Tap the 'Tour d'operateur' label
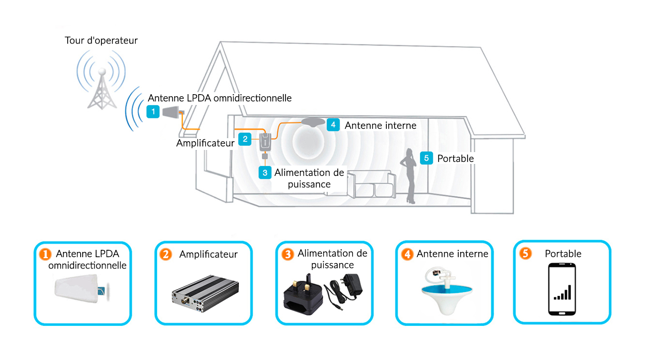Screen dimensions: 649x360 tap(101, 40)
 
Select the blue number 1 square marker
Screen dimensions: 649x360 tap(153, 112)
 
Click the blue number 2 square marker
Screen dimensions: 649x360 tap(245, 139)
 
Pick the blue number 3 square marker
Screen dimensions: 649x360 tap(265, 173)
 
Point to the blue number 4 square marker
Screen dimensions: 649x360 tap(333, 125)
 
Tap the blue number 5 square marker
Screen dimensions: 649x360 tap(427, 158)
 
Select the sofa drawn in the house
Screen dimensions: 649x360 tap(372, 184)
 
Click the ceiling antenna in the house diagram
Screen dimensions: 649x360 tap(313, 122)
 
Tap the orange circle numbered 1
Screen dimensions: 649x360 tap(45, 254)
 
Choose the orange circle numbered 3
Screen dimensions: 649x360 tap(288, 254)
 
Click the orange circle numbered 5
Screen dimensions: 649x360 tap(525, 253)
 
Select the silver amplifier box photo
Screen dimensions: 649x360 tap(205, 293)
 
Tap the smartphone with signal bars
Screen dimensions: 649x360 tap(562, 289)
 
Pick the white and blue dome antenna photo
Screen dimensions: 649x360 tap(446, 291)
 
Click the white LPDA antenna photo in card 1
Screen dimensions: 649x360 tap(81, 289)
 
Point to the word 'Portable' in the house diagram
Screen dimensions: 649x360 tap(456, 159)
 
